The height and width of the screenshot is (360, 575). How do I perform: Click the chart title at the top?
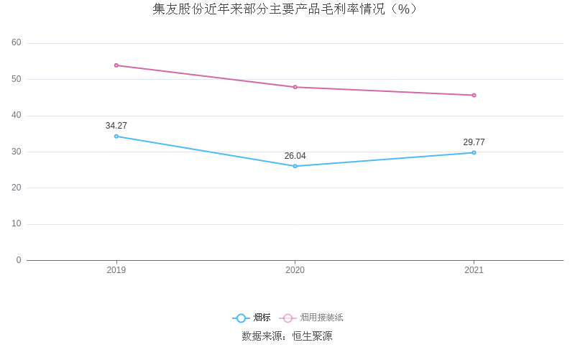pos(286,9)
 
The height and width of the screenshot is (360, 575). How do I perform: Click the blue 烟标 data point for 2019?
pos(116,136)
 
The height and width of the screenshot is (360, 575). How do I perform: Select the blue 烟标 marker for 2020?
pos(295,166)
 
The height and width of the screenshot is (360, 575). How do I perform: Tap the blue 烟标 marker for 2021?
pos(474,152)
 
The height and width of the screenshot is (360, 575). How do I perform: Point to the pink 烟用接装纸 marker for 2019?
pos(116,65)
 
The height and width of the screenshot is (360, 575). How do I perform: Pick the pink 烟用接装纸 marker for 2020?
pos(295,87)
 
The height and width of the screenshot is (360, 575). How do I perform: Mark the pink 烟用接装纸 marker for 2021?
pos(474,95)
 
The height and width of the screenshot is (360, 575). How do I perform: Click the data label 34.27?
pos(116,126)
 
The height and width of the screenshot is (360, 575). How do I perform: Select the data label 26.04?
pos(295,156)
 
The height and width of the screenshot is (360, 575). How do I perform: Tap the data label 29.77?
pos(474,142)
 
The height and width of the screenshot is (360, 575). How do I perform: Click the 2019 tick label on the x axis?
pos(116,270)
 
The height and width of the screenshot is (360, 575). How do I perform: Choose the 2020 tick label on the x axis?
pos(295,270)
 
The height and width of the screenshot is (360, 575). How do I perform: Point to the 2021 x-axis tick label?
pos(474,270)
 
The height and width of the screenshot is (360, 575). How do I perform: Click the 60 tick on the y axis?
pos(17,43)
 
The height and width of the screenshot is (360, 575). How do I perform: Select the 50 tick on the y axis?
pos(17,79)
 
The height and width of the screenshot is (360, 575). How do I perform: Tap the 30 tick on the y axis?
pos(17,152)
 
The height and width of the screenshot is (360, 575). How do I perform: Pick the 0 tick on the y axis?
pos(19,260)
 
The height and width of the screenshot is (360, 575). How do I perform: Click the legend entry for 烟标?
pos(252,318)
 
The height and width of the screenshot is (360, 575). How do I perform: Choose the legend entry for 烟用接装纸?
pos(313,318)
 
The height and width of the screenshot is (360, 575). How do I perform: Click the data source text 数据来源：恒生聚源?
pos(287,336)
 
